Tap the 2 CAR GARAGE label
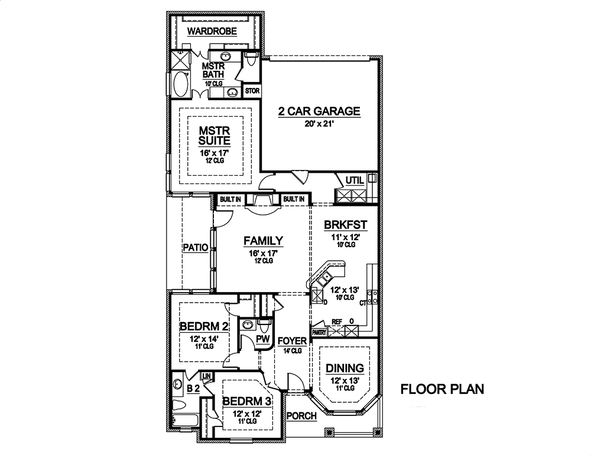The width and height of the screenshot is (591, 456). (x=319, y=111)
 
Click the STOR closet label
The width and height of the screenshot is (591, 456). (x=252, y=91)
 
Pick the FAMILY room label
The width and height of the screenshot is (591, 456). (x=263, y=241)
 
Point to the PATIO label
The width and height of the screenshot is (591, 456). (x=194, y=248)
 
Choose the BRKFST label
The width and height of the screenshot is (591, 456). (x=346, y=224)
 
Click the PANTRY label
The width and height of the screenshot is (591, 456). (x=319, y=333)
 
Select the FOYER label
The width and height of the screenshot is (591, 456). (x=293, y=341)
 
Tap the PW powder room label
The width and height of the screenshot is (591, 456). (x=264, y=339)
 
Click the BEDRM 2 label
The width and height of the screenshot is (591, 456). (x=203, y=326)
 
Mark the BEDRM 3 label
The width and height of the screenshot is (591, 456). (x=246, y=401)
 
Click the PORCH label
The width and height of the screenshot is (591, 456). (x=301, y=416)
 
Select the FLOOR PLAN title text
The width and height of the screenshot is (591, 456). (x=442, y=389)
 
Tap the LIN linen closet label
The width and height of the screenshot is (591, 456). (x=207, y=376)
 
